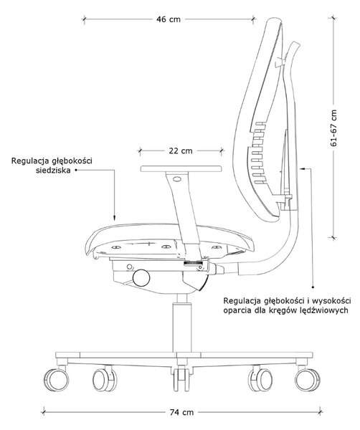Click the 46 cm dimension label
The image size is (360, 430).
click(x=169, y=19)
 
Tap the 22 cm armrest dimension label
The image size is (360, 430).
click(x=181, y=150)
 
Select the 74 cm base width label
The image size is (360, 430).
click(x=181, y=412)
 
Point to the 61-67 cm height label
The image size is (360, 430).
click(x=333, y=128)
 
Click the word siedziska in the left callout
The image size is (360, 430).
click(x=53, y=171)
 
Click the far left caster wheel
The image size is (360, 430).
click(x=57, y=380)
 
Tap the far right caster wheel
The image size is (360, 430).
click(x=308, y=380)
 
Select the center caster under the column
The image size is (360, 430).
click(x=181, y=378)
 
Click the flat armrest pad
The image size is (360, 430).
click(x=181, y=168)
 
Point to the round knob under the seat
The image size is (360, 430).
click(x=141, y=278)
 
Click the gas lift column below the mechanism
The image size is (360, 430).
click(x=181, y=324)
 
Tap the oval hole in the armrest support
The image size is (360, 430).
click(x=177, y=179)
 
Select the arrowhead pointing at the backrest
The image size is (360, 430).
click(x=303, y=169)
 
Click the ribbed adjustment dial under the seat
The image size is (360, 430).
click(x=192, y=264)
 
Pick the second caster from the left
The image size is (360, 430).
click(x=105, y=380)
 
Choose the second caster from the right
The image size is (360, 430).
click(x=260, y=380)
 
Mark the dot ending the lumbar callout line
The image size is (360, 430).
click(x=313, y=287)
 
